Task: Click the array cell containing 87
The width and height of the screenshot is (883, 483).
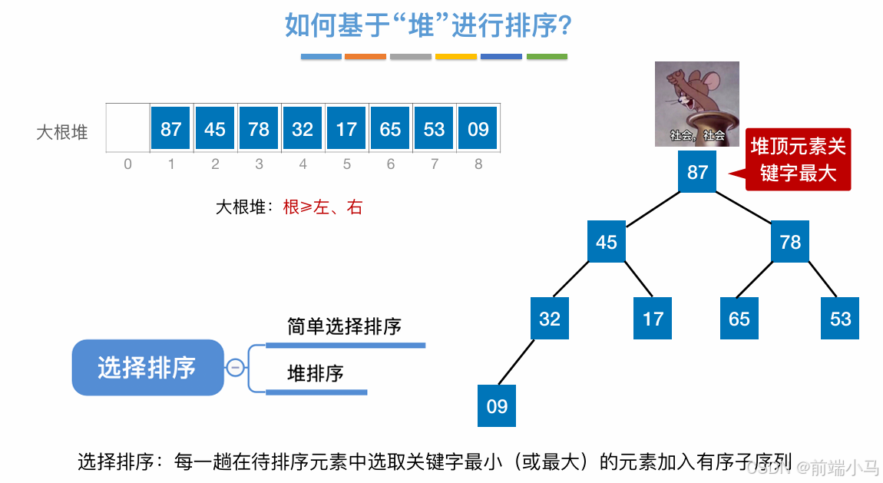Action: pos(170,128)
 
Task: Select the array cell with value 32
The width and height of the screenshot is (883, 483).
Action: pos(303,128)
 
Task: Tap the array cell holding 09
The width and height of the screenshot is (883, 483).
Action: pos(478,128)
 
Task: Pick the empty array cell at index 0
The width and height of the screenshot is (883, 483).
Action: pos(127,128)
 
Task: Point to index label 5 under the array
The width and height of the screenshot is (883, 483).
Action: pos(347,164)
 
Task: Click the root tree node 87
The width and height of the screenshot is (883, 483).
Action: pos(697,171)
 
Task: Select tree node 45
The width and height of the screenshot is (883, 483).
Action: pos(607,242)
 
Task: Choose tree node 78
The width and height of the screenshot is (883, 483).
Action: pos(790,242)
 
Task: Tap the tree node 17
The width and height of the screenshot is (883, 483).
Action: pos(653,319)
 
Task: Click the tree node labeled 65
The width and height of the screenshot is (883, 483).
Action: pos(739,319)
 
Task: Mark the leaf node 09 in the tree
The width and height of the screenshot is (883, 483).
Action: pos(497,405)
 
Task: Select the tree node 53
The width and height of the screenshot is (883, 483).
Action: pos(840,319)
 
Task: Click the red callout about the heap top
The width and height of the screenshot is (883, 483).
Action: pos(798,159)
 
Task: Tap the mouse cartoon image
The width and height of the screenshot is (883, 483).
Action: pos(696,104)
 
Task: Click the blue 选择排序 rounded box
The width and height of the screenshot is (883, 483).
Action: pos(147,368)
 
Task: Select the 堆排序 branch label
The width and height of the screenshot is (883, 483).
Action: pos(315,374)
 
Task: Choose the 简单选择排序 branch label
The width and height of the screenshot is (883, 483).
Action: pos(344,326)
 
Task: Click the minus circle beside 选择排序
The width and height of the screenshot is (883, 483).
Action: pos(236,368)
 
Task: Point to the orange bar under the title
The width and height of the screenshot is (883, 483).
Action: pos(365,57)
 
